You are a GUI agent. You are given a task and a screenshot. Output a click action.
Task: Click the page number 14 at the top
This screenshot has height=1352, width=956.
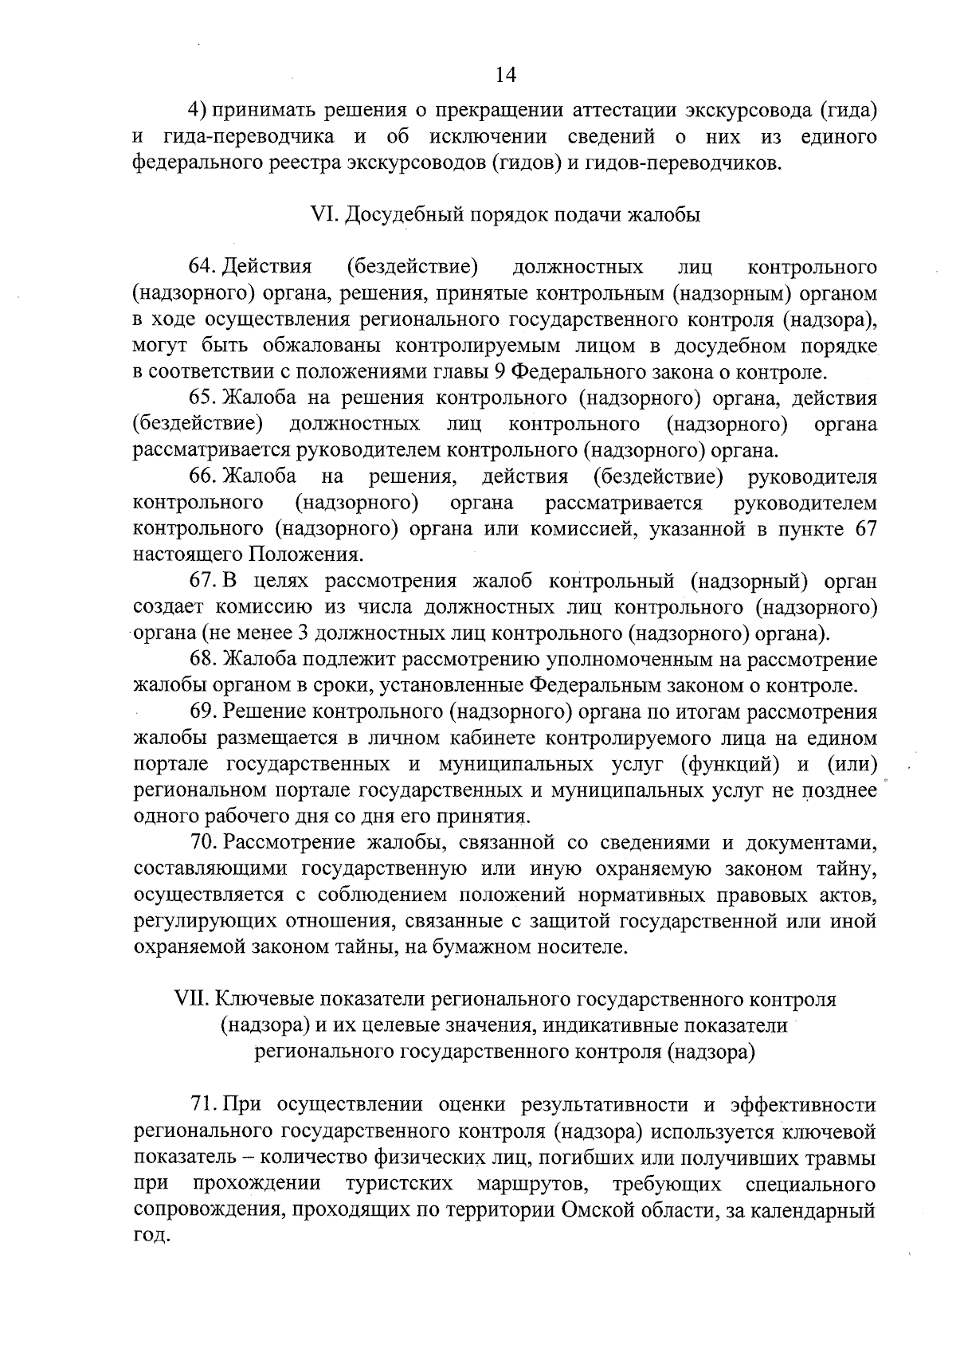click(x=506, y=75)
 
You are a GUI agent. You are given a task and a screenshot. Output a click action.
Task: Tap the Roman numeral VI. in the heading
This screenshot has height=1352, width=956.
click(x=321, y=215)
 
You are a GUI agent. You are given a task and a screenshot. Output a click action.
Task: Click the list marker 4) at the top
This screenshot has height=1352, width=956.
click(x=197, y=110)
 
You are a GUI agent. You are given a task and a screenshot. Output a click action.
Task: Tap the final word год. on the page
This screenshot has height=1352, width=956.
click(x=150, y=1236)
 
